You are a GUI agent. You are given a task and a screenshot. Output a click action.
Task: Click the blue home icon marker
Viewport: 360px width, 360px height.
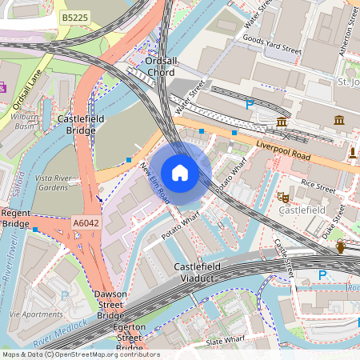[x=180, y=173]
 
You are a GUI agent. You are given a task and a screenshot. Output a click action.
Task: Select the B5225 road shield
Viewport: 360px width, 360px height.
[x=75, y=17]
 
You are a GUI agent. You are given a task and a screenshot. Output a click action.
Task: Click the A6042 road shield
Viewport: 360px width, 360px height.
[x=85, y=223]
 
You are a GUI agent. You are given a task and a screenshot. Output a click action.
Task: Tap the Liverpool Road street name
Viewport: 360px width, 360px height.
[x=283, y=152]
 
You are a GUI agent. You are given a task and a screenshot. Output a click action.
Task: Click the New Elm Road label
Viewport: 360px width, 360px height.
[x=155, y=182]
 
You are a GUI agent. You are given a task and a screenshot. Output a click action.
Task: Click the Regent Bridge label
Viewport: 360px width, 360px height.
[x=15, y=218]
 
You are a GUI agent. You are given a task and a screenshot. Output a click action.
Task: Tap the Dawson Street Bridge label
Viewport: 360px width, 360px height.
[x=110, y=305]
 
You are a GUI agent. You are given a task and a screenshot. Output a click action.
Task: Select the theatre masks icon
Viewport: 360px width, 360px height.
[x=282, y=195]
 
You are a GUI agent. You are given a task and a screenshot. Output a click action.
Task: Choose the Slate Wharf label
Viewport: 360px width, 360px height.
[x=225, y=341]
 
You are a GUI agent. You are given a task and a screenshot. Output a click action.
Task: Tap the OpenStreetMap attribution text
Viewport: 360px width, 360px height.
[x=80, y=354]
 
